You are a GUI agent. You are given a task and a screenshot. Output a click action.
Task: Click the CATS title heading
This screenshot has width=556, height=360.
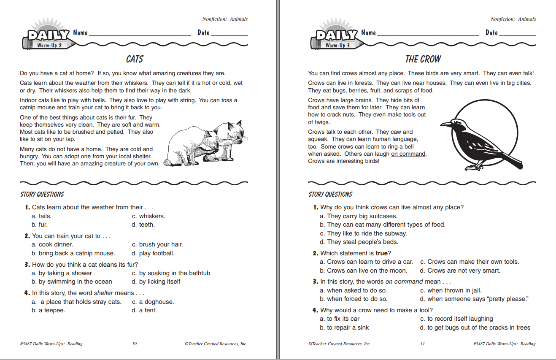(135, 59)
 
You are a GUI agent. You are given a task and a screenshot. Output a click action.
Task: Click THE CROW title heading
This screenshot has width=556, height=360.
(423, 59)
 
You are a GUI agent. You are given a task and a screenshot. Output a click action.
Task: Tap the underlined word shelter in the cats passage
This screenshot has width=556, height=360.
(142, 157)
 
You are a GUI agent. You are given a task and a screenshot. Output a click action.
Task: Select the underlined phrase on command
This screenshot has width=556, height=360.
(408, 154)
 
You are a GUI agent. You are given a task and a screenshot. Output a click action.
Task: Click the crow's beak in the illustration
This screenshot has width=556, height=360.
(445, 125)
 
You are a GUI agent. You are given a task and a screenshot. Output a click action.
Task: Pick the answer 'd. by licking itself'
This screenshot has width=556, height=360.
(156, 282)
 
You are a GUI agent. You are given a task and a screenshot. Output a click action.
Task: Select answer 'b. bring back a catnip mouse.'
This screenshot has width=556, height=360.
(73, 253)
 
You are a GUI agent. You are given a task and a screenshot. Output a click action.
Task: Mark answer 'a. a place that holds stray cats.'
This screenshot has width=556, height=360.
(76, 302)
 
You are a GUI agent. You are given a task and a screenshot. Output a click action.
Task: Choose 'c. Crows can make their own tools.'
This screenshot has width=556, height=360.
(470, 262)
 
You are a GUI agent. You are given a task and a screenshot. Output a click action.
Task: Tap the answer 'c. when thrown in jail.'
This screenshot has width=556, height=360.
(451, 290)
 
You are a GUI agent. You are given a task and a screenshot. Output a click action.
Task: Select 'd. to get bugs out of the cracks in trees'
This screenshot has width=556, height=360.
(475, 328)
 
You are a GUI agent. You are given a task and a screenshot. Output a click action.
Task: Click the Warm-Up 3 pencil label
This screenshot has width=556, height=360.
(337, 45)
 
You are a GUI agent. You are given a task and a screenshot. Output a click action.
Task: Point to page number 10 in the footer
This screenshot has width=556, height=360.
(134, 344)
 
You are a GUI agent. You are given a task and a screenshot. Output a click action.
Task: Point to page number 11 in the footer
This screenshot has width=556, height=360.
(422, 344)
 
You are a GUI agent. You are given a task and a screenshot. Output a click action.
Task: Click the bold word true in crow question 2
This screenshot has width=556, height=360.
(382, 253)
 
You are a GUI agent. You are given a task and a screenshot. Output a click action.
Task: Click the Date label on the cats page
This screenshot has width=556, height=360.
(203, 33)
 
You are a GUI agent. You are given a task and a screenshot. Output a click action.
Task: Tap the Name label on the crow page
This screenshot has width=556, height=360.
(368, 33)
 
